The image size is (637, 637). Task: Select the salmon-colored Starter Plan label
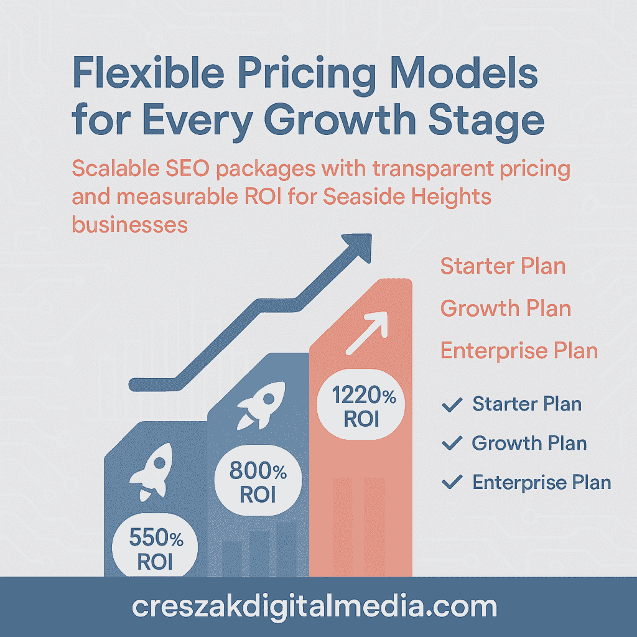(503, 266)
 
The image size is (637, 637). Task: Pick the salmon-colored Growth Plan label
(505, 308)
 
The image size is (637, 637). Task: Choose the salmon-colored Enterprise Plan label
(519, 350)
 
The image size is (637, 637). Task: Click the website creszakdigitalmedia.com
(314, 607)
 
